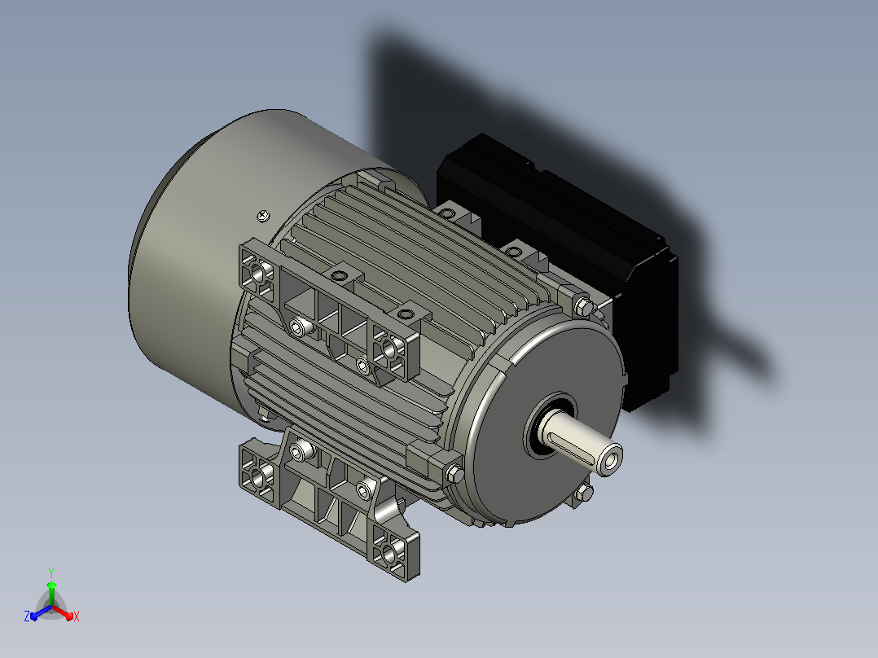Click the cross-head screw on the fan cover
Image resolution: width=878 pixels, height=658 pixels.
pyautogui.click(x=263, y=216)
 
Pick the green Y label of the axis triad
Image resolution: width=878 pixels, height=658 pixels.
pyautogui.click(x=51, y=572)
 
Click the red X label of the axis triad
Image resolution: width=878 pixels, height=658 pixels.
pyautogui.click(x=77, y=616)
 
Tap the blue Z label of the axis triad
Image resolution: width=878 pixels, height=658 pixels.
pyautogui.click(x=27, y=616)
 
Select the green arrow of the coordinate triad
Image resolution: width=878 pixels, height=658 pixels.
pyautogui.click(x=51, y=594)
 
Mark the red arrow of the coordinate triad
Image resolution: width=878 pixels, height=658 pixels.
pyautogui.click(x=63, y=612)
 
